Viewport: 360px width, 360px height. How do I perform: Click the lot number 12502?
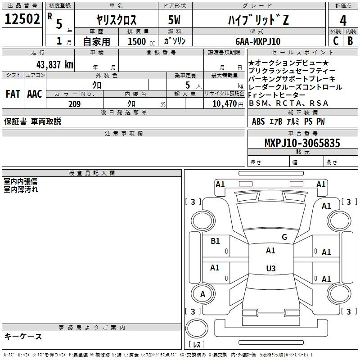point(22,19)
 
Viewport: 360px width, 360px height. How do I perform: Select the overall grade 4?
point(343,21)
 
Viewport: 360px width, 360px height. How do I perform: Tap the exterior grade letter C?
point(336,41)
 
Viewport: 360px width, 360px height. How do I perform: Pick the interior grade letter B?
point(350,41)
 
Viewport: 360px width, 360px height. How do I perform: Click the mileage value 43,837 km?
point(55,65)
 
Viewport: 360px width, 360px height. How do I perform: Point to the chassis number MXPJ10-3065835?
point(302,143)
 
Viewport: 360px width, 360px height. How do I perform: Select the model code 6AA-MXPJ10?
point(258,41)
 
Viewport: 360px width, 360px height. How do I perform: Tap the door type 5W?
point(174,20)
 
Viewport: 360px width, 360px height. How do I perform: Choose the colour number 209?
point(74,104)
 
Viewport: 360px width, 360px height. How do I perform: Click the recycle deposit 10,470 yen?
point(228,104)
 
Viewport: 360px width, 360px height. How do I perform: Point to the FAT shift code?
point(13,94)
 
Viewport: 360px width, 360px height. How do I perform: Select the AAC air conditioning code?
point(35,94)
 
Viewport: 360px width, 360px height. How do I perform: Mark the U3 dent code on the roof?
point(271,268)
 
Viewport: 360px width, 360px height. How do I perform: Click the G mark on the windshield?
point(284,237)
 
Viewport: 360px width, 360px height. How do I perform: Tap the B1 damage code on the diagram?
point(215,241)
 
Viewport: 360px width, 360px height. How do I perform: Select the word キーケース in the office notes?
point(23,336)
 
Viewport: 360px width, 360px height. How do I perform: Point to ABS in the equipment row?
point(258,121)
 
